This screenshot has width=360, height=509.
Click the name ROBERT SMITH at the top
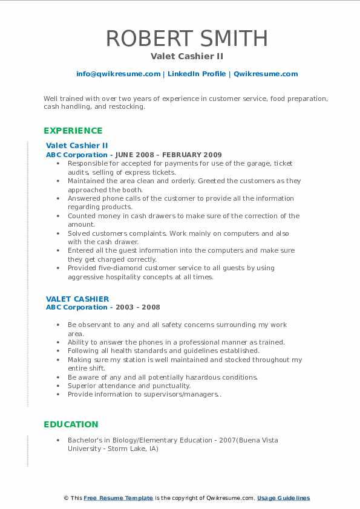tap(187, 38)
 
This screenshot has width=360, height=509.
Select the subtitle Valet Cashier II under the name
tap(187, 56)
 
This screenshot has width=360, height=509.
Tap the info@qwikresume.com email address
tap(118, 74)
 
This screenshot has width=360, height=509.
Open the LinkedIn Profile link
tap(197, 74)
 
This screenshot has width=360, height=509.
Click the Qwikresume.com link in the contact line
tap(266, 74)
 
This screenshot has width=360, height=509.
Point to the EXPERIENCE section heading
tap(73, 131)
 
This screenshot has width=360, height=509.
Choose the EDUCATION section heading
tap(71, 424)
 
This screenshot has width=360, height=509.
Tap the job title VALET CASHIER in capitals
tap(77, 299)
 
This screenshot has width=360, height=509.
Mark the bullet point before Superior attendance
tap(57, 386)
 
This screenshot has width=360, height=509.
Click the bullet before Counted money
tap(57, 216)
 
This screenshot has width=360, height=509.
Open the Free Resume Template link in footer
tap(119, 498)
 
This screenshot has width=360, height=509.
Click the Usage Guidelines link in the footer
tap(283, 498)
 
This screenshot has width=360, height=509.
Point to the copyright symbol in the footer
tap(65, 498)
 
